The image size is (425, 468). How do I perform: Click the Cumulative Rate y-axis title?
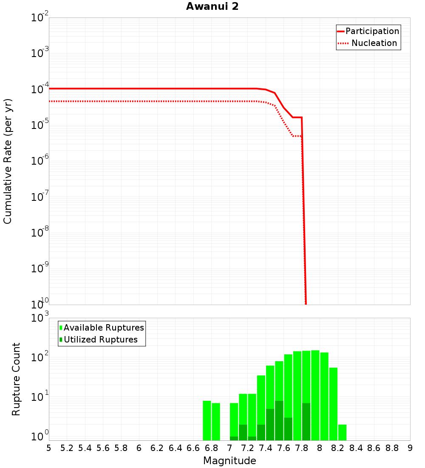(8, 161)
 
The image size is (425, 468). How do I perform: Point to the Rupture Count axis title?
(16, 379)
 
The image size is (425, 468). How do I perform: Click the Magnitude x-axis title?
(229, 461)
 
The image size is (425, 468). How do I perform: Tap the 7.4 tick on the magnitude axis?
(266, 448)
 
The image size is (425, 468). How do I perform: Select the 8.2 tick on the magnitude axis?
(338, 448)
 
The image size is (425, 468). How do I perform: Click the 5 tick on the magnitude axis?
(49, 448)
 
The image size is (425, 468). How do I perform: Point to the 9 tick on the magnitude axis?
(410, 448)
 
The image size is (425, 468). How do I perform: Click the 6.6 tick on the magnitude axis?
(193, 448)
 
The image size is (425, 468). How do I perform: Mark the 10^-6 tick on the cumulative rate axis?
(40, 161)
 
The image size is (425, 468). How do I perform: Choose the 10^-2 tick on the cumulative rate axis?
(40, 18)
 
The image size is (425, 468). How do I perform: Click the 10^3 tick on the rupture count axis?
(41, 318)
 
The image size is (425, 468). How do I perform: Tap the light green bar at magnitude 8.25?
(342, 432)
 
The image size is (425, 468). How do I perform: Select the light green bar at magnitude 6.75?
(207, 420)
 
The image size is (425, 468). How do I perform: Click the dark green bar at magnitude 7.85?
(306, 422)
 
